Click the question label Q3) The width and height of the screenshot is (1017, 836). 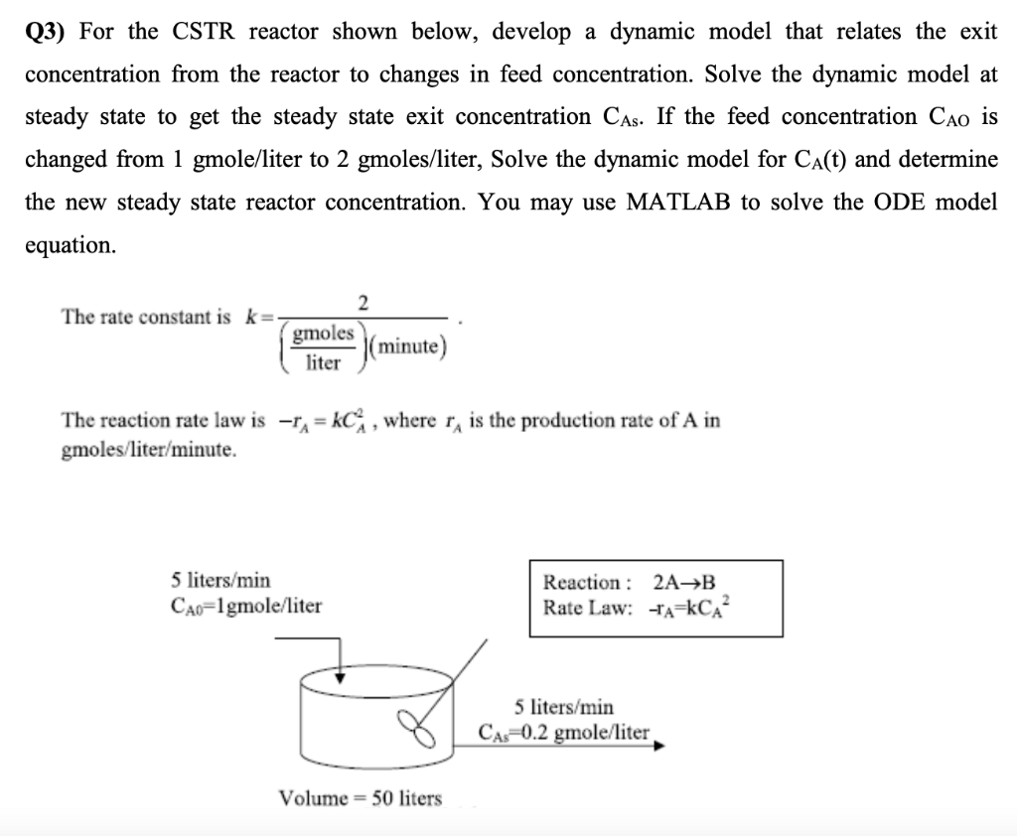click(x=45, y=32)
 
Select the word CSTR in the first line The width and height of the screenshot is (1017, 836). click(x=204, y=32)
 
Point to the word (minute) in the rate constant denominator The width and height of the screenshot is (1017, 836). click(x=411, y=347)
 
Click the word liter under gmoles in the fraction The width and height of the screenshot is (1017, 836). click(x=323, y=363)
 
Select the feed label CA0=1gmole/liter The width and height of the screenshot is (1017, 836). click(x=246, y=605)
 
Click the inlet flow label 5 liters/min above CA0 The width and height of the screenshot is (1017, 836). click(x=220, y=580)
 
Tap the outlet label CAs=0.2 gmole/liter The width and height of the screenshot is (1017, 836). click(x=564, y=734)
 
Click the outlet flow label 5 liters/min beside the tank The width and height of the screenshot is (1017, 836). click(x=564, y=708)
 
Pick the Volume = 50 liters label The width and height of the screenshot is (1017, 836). click(x=361, y=798)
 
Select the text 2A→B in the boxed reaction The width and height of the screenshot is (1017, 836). click(x=685, y=583)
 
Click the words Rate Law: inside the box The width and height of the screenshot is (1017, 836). click(x=587, y=608)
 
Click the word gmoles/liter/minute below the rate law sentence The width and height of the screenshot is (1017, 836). click(x=150, y=450)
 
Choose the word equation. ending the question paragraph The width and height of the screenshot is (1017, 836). click(x=71, y=245)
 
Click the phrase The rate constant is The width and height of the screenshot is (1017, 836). click(x=146, y=318)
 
